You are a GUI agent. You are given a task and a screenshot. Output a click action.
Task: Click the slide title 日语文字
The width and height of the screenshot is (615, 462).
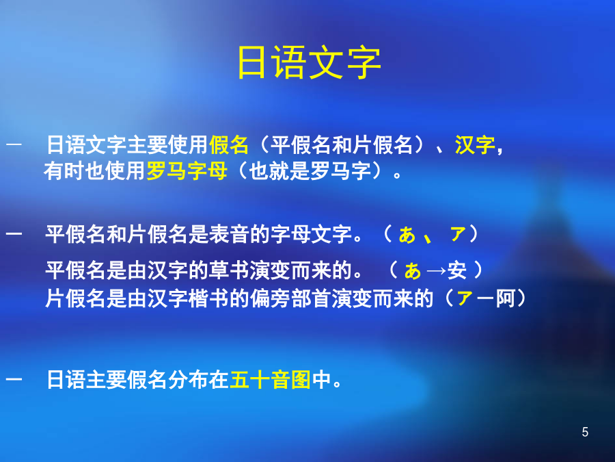tap(309, 63)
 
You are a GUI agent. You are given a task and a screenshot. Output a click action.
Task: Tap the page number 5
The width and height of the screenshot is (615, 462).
tap(585, 432)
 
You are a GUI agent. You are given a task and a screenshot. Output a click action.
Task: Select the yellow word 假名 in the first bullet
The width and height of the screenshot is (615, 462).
tap(229, 144)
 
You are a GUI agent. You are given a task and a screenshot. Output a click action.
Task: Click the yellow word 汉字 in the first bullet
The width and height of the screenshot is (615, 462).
tap(475, 144)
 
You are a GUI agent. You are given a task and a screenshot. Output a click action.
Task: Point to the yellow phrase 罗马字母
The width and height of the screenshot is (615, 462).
tap(187, 171)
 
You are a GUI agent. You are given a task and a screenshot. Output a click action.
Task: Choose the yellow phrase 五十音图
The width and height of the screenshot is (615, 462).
tap(271, 379)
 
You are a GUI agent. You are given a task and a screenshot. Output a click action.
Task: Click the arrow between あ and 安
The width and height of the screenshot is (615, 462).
tap(436, 270)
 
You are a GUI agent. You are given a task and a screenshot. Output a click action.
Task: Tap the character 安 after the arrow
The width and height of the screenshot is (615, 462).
tap(457, 270)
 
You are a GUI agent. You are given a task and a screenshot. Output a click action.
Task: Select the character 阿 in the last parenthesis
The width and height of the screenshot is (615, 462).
tap(506, 298)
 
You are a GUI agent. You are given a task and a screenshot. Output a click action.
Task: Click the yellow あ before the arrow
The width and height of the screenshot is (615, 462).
tap(413, 270)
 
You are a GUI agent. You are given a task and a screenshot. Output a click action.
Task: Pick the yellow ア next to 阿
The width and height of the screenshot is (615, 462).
tap(465, 298)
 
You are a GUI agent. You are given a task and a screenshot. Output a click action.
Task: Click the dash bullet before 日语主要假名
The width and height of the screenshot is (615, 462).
tap(14, 378)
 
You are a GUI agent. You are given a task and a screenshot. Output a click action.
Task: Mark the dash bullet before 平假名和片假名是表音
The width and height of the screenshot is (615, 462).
tap(14, 234)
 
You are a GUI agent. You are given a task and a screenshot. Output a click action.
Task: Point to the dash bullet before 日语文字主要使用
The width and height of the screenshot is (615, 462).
tap(14, 144)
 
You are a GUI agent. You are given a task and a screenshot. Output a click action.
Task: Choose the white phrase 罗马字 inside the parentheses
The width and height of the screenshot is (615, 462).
tap(340, 171)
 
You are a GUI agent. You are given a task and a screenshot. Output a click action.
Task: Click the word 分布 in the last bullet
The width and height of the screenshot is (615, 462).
tap(188, 379)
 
